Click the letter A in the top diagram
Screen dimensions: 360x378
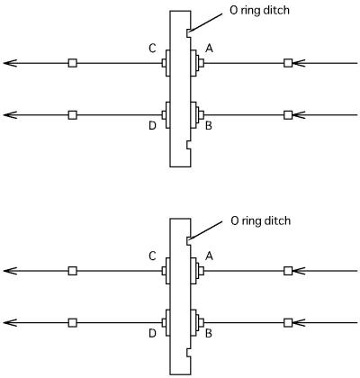[x=209, y=48]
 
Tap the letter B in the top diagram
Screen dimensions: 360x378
[x=209, y=125]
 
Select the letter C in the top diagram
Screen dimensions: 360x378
[x=152, y=48]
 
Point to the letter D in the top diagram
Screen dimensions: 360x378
[x=152, y=125]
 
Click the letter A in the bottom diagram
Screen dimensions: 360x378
[x=209, y=256]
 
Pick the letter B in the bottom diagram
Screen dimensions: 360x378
[x=209, y=333]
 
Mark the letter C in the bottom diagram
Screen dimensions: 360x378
[x=152, y=256]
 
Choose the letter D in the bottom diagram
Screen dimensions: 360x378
[x=152, y=333]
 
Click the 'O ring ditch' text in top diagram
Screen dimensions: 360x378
[x=260, y=11]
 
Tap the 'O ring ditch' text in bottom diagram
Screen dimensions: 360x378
[x=261, y=220]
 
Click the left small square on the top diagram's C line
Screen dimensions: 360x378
[x=73, y=63]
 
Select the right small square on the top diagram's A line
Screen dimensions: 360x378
[x=288, y=63]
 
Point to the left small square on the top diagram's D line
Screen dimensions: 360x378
[x=73, y=115]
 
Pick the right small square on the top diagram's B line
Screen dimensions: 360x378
[x=288, y=115]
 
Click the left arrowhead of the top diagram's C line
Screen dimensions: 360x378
[x=10, y=63]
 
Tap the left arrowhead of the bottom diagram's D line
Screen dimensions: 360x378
[x=10, y=323]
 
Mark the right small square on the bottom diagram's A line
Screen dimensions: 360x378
[x=288, y=271]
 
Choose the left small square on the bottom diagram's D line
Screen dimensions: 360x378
[x=73, y=323]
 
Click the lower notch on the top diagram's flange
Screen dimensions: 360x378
[x=188, y=145]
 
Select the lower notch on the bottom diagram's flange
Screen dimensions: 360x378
[x=188, y=353]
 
